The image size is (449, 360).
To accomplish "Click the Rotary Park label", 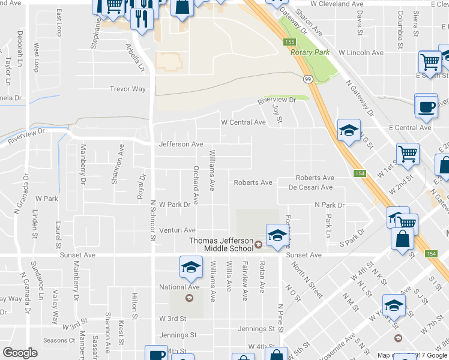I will coord(310,53).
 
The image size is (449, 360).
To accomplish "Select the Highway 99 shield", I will coord(307,79).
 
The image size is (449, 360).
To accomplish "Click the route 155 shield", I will coord(290,41).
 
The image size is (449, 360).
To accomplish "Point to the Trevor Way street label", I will coord(127,89).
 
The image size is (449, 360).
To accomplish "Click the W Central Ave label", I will coord(243,122).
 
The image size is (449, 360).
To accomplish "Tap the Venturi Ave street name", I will coord(177,230).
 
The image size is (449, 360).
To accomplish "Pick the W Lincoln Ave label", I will coord(361,53).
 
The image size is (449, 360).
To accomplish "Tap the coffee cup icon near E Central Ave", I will coord(426,106).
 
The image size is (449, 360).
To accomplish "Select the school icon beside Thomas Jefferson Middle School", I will coord(277,236).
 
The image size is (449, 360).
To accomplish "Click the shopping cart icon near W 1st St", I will coord(408,154).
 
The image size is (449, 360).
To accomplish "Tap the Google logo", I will coord(20,353).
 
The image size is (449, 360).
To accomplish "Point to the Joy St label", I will coord(277,112).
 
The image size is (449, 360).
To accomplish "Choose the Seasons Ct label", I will coord(59,340).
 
